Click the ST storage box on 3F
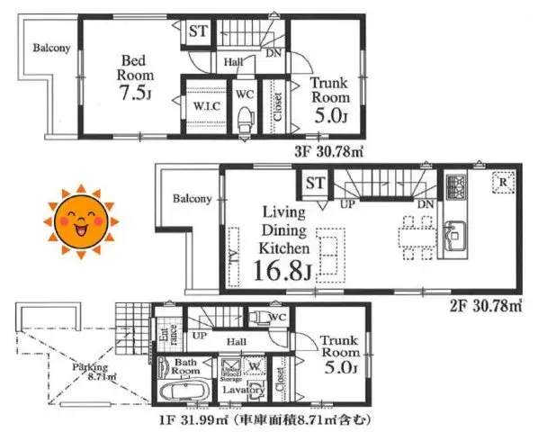click(197, 32)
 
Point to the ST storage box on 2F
click(314, 184)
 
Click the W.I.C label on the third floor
click(204, 105)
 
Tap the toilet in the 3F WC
click(244, 116)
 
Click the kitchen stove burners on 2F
click(456, 188)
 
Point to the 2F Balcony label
click(193, 199)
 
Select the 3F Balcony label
click(52, 49)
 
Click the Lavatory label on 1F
click(244, 391)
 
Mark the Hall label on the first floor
click(237, 342)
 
